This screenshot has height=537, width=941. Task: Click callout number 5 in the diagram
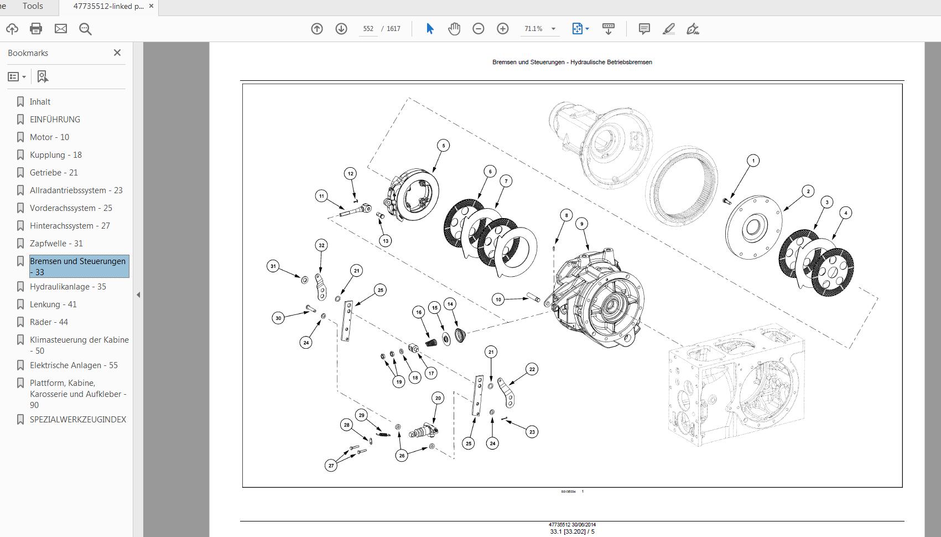click(443, 146)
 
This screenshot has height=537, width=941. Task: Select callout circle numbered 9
click(581, 224)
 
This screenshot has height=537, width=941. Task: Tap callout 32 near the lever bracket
click(321, 245)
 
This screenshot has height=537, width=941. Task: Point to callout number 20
click(438, 398)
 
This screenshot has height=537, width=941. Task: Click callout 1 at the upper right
click(753, 161)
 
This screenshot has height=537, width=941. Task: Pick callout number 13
click(385, 241)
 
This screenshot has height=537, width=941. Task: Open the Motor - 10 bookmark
click(49, 137)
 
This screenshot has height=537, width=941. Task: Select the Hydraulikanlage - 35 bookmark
click(67, 287)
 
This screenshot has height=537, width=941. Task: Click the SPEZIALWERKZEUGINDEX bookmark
click(77, 420)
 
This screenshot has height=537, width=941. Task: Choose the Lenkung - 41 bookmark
click(53, 304)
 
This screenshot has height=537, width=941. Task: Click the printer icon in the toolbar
click(36, 29)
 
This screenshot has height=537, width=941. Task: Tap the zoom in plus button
click(502, 29)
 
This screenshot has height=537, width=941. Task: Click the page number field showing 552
click(368, 29)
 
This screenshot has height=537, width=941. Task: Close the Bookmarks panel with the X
click(117, 53)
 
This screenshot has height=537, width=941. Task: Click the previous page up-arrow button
click(317, 29)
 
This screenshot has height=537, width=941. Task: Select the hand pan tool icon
click(454, 29)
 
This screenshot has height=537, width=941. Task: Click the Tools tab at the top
click(33, 6)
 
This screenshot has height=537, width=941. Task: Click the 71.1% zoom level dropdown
click(539, 29)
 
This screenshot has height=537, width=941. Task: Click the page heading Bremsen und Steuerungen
click(572, 62)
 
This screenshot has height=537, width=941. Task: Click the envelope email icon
click(61, 29)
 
